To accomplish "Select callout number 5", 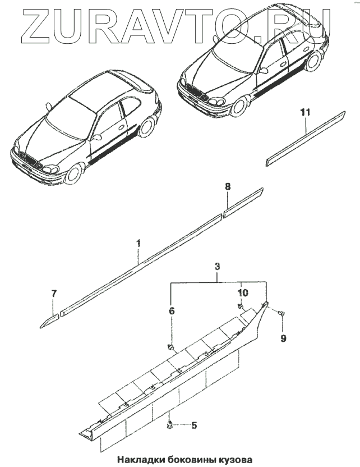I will tap(194, 425).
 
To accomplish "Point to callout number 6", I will tap(172, 310).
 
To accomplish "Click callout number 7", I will tap(54, 294).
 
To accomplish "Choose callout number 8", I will tap(227, 185).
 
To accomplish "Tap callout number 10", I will tap(242, 293).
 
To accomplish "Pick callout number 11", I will tap(304, 113).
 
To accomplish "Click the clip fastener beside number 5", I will tap(170, 425).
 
